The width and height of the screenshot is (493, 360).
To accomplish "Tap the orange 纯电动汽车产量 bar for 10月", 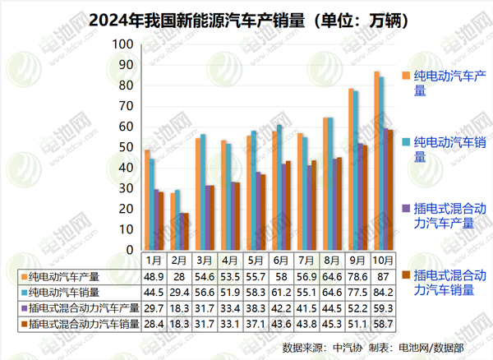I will click(x=376, y=160).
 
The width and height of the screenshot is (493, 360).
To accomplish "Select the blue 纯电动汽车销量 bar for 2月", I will click(x=178, y=219).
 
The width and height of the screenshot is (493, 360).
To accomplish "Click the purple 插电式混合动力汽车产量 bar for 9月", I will click(x=360, y=196).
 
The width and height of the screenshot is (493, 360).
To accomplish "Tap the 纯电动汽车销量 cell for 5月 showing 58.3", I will click(x=257, y=293).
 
